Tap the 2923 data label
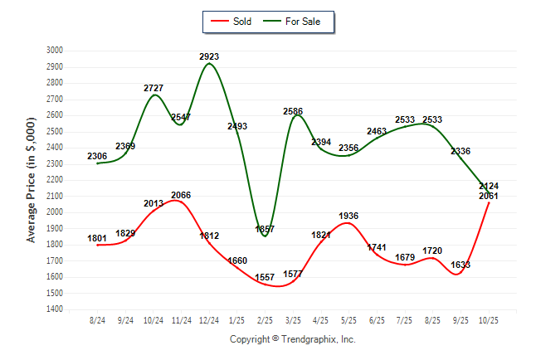(209, 56)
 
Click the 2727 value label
(153, 87)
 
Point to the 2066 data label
(181, 195)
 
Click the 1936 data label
(348, 216)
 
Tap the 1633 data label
(460, 265)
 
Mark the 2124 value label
(488, 186)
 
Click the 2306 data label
(98, 156)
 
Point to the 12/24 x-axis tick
(209, 319)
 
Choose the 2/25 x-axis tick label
(265, 319)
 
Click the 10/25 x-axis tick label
(488, 319)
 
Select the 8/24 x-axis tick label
(98, 319)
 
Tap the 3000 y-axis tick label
(54, 51)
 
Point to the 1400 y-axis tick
(54, 309)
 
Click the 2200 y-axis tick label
(54, 180)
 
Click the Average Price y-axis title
(32, 180)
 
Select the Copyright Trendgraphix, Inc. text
(292, 339)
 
